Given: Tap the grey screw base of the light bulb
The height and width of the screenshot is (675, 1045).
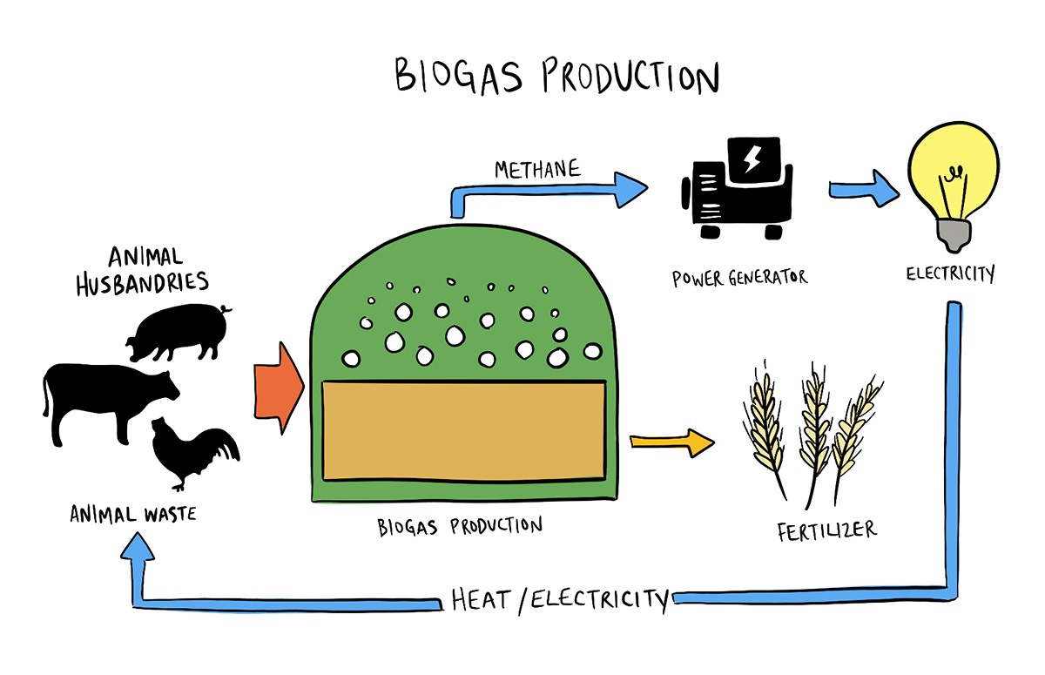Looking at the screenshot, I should click(953, 233).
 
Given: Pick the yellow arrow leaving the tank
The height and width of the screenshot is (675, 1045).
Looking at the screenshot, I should click(671, 442).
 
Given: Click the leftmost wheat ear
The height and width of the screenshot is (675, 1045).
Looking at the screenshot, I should click(765, 422).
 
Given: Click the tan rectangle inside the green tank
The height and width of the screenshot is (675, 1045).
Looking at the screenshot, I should click(463, 430).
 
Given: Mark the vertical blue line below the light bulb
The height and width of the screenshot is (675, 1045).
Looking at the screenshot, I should click(955, 435).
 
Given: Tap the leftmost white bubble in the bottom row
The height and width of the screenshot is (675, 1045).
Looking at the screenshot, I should click(351, 358).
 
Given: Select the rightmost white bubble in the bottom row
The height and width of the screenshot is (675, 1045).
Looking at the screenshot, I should click(592, 351).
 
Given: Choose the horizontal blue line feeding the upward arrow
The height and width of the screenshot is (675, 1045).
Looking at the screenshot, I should click(287, 601).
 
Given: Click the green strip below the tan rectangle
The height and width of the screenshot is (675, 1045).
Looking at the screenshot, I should click(463, 489).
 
